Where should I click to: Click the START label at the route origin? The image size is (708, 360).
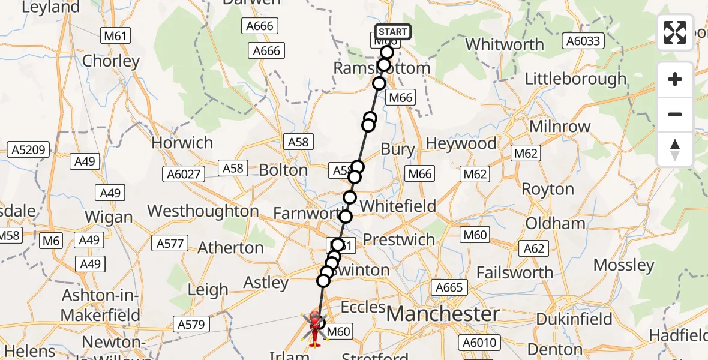tap(393, 32)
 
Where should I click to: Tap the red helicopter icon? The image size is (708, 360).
tap(314, 328)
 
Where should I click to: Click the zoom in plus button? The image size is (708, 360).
tap(675, 79)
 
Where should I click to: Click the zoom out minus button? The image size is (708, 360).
tap(675, 115)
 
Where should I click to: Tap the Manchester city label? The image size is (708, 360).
tap(443, 314)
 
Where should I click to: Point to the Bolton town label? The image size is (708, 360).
tap(283, 170)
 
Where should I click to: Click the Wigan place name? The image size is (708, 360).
tap(109, 217)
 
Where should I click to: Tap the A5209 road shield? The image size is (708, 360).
tap(28, 150)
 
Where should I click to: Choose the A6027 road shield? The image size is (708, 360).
tap(184, 174)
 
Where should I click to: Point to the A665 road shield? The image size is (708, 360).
tap(449, 287)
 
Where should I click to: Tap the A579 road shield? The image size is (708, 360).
tap(191, 325)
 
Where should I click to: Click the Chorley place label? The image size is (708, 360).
tap(111, 61)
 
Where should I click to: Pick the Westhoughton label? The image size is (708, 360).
tap(203, 211)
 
